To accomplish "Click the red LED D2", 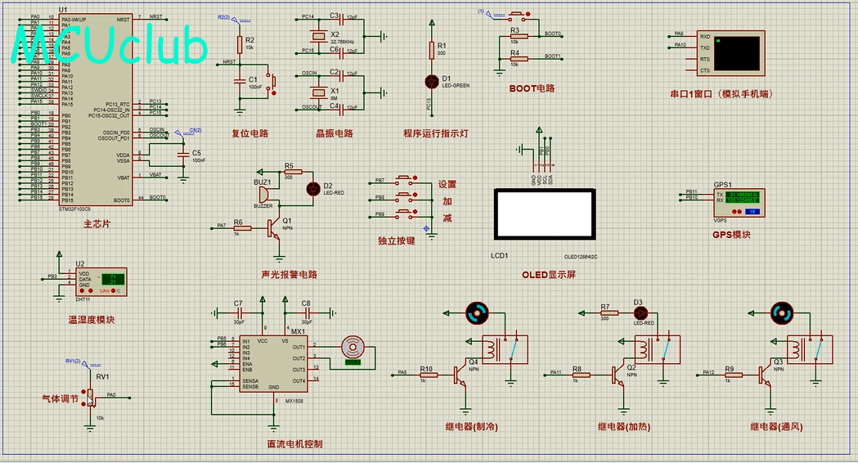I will (311, 188).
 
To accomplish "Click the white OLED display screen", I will (543, 214).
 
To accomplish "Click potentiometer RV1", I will (92, 396).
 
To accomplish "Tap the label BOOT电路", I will (532, 88).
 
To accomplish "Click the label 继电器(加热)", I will (626, 426).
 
